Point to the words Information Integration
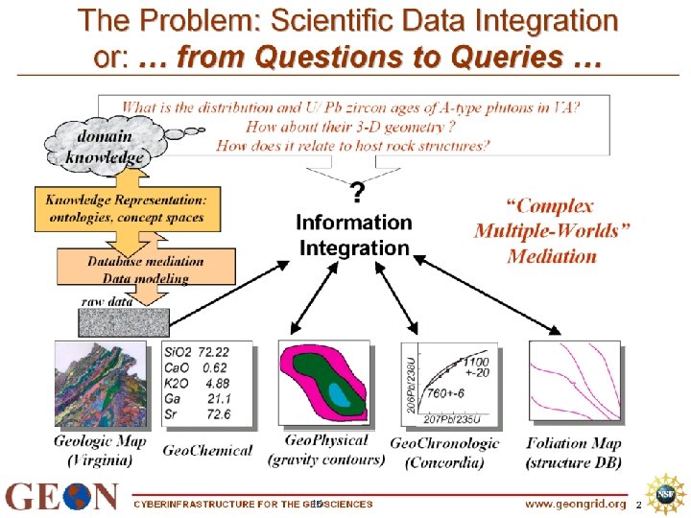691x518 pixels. point(353,235)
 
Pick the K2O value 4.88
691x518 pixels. point(218,384)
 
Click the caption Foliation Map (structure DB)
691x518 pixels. point(574,452)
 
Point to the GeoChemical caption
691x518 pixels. point(208,449)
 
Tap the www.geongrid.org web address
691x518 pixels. point(575,504)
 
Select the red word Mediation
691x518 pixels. point(552,256)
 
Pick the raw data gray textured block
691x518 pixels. point(125,321)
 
